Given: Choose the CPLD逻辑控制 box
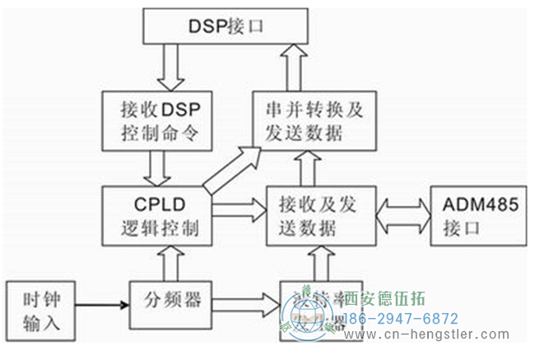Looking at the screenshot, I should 156,217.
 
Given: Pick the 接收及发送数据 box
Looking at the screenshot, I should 320,217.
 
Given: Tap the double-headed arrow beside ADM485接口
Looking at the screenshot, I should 402,216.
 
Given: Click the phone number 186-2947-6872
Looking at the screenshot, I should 400,317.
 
